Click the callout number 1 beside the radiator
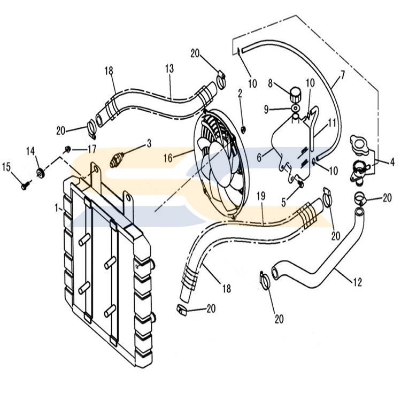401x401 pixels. pos(57,208)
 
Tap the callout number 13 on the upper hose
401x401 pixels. pos(169,68)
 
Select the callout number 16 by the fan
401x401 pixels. pos(168,158)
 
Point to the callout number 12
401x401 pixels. pos(358,282)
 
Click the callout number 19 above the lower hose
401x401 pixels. pos(261,196)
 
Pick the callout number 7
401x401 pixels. pos(342,75)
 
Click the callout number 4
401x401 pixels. pos(392,162)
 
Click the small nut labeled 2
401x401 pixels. pos(243,130)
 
